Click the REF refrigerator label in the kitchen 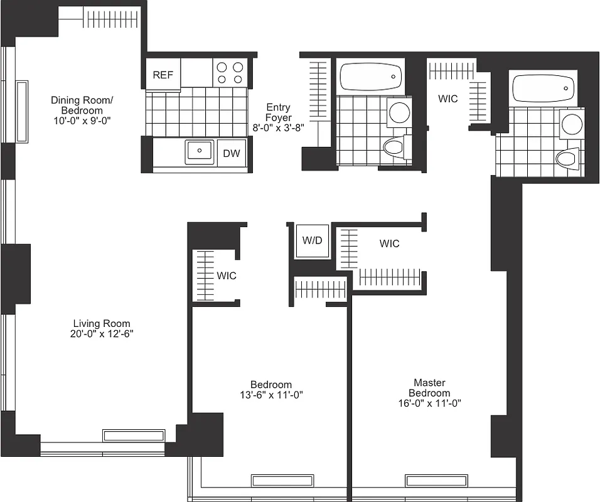point(163,75)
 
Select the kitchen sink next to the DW point(200,152)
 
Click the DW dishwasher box point(232,152)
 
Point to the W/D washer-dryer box point(311,241)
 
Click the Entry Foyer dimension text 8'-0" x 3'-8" point(278,127)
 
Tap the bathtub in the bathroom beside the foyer point(370,77)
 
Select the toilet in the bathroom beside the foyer point(394,149)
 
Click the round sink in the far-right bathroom point(572,124)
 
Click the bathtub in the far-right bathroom point(544,88)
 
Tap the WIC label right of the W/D point(389,243)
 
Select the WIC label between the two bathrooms point(447,99)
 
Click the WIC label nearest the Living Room point(227,275)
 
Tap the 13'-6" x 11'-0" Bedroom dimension point(271,395)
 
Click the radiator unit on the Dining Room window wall point(22,111)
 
